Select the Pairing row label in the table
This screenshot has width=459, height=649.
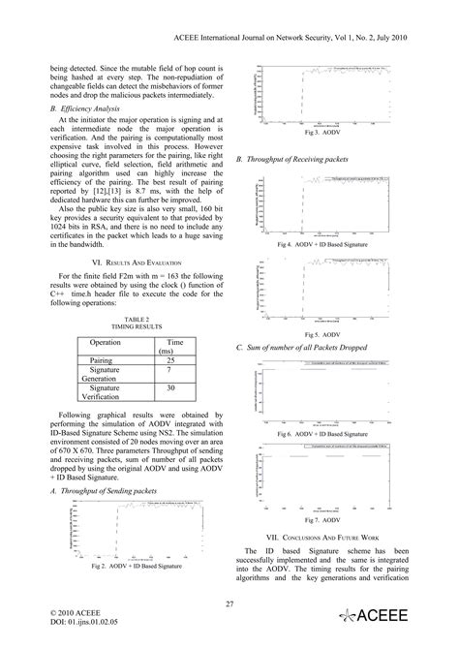coord(105,359)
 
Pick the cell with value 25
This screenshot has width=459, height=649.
coord(171,359)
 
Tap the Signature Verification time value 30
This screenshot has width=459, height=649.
coord(171,388)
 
